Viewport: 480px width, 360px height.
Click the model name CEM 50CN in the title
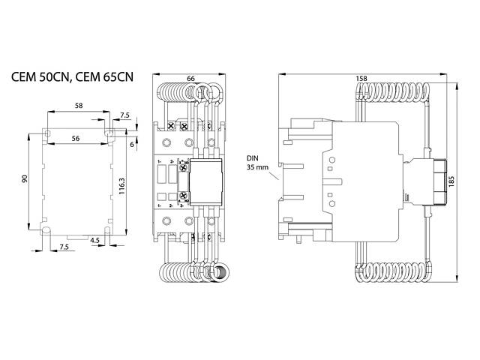[x=39, y=77]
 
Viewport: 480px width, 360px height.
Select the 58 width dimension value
[x=79, y=107]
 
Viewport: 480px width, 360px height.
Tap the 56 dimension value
[x=76, y=139]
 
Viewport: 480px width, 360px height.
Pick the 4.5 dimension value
[x=95, y=240]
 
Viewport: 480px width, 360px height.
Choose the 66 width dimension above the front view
[x=190, y=79]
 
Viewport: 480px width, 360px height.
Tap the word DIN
[x=251, y=159]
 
